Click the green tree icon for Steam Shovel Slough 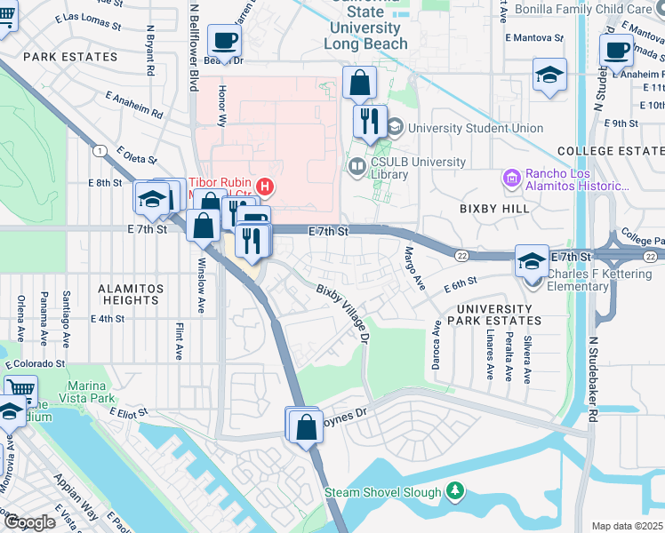point(455,491)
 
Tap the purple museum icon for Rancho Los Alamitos point(511,180)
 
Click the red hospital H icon point(264,186)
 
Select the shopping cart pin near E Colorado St point(20,388)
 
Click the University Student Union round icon point(395,128)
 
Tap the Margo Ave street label point(415,267)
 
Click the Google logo point(30,523)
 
